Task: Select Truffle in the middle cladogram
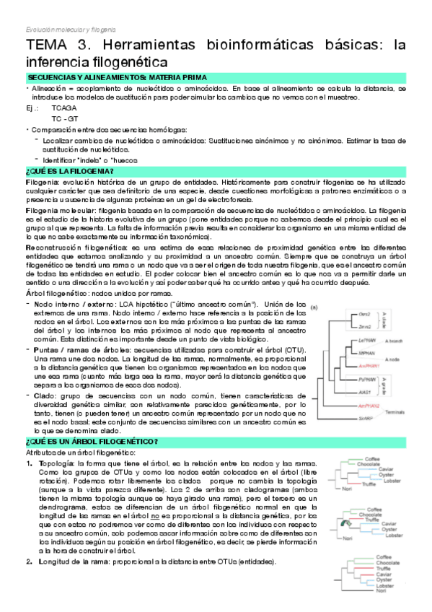372,520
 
